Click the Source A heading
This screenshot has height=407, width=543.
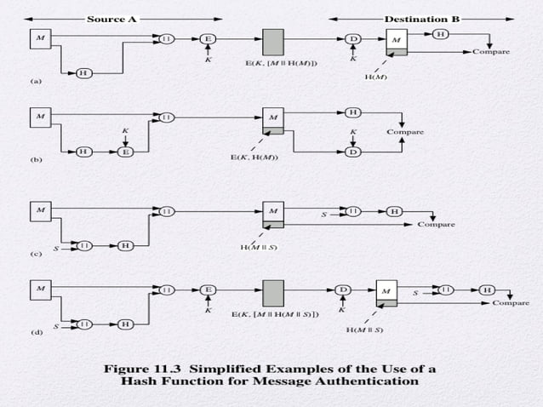(111, 18)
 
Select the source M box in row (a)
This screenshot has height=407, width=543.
(39, 38)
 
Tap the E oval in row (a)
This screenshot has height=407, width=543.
(208, 38)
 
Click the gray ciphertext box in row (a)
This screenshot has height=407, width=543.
(273, 42)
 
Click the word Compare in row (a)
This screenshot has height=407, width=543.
(492, 52)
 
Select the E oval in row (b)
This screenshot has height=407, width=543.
(125, 152)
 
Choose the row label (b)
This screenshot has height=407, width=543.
(36, 159)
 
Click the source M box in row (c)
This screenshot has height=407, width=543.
(39, 209)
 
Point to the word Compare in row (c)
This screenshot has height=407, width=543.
(435, 225)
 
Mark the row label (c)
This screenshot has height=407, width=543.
(36, 253)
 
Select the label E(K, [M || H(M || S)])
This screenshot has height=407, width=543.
(276, 314)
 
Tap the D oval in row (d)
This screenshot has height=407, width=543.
(344, 289)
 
